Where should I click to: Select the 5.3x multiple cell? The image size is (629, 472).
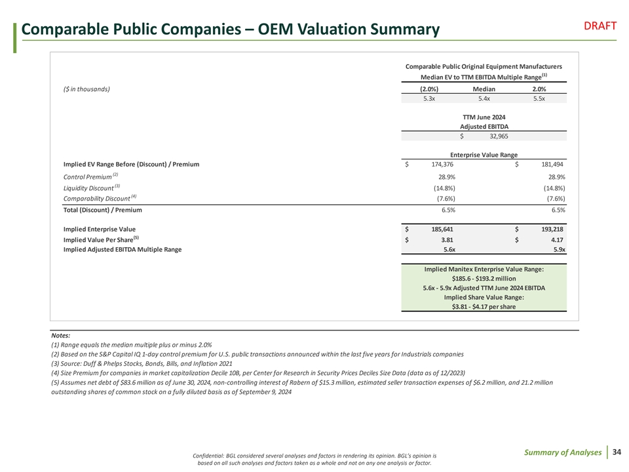point(429,99)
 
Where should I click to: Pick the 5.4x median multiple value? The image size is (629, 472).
point(484,99)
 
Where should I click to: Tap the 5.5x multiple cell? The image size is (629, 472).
point(539,99)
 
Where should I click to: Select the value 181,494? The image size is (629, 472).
point(552,164)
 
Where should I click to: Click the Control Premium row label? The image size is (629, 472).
point(87,177)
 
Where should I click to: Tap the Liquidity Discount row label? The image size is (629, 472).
point(88,188)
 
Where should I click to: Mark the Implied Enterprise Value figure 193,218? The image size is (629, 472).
point(552,229)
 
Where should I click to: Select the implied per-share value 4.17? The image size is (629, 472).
point(558,239)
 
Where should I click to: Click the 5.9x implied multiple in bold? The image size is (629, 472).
point(559,250)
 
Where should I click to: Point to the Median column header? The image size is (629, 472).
point(484,88)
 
